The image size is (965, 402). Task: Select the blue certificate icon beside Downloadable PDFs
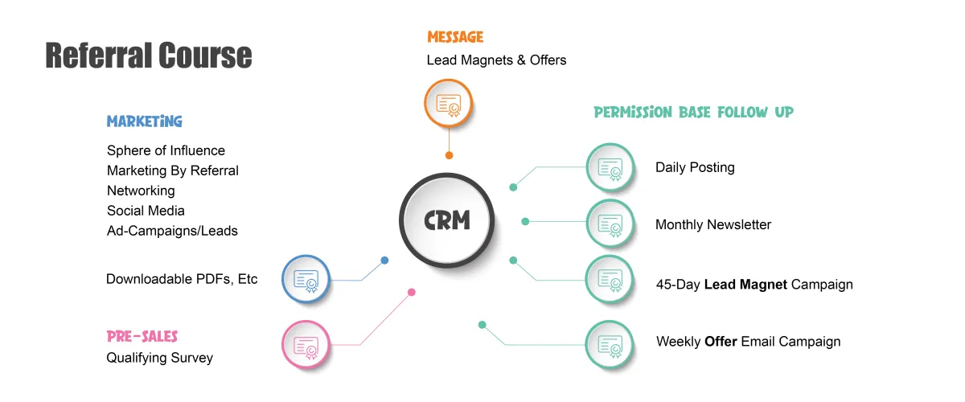point(306,280)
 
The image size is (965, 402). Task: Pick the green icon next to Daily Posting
point(610,167)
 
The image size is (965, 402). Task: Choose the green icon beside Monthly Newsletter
point(610,224)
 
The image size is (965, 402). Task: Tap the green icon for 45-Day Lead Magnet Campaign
point(610,279)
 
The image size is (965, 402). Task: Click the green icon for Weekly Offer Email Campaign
point(610,344)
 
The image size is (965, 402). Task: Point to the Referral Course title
point(148,55)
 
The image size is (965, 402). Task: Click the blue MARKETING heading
point(145,121)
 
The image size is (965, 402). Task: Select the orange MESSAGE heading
point(455,37)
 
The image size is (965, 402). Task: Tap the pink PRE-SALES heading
point(142,336)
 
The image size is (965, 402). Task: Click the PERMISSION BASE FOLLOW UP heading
point(693,113)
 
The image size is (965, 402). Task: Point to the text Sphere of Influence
point(166,150)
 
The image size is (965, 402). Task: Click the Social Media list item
point(146,211)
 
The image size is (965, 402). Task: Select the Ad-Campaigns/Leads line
point(172,231)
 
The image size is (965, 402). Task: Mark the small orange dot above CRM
point(449,155)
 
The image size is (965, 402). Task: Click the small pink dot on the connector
point(411,293)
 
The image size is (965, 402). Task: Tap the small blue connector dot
point(384,260)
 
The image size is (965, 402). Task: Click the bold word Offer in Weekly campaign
point(721,342)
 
